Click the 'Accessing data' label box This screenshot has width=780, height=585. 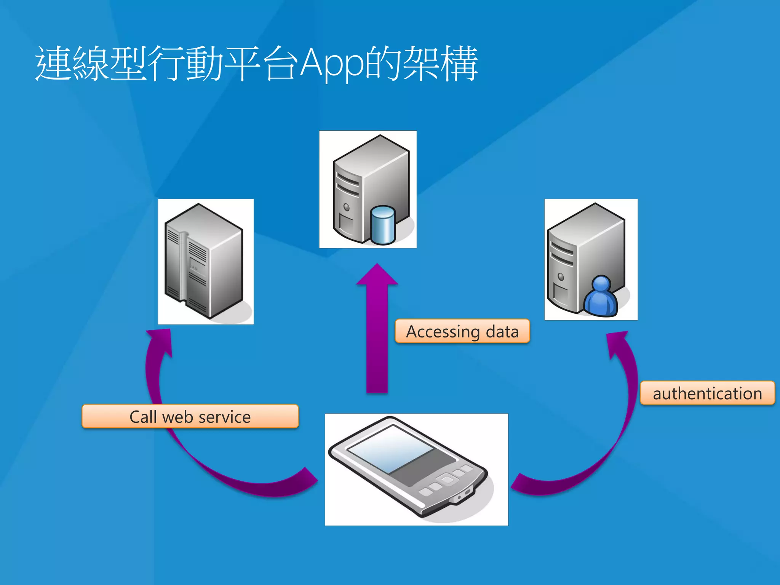[462, 331]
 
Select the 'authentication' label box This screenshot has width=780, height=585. [707, 393]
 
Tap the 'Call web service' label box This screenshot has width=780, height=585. [190, 416]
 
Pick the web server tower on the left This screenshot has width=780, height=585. [203, 261]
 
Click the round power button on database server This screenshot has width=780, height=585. [346, 207]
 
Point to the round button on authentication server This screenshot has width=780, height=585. [561, 277]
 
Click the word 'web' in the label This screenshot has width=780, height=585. [178, 417]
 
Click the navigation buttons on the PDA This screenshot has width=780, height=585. [446, 481]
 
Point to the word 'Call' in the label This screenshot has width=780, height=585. [143, 416]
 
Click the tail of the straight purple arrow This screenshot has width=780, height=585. [377, 387]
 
